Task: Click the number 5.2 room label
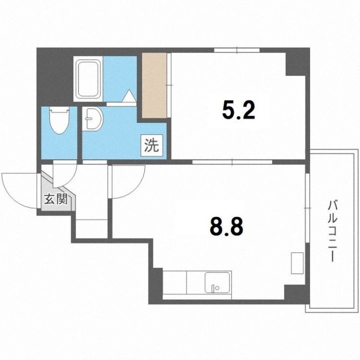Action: pos(238,110)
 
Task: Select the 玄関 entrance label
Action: pos(56,199)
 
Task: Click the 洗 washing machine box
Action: pos(152,145)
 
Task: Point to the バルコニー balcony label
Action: pos(332,231)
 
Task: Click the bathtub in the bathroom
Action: pos(89,79)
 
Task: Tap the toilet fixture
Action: pos(59,120)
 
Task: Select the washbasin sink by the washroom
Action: pos(93,119)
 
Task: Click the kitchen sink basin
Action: pos(218,282)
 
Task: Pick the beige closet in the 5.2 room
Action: pos(154,85)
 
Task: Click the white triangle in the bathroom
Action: pos(128,95)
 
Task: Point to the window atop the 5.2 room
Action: pos(236,50)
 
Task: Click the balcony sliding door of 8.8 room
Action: pos(307,208)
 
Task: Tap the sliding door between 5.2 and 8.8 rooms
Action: pos(232,162)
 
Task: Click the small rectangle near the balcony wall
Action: pos(297,263)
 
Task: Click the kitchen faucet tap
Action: pos(213,288)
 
